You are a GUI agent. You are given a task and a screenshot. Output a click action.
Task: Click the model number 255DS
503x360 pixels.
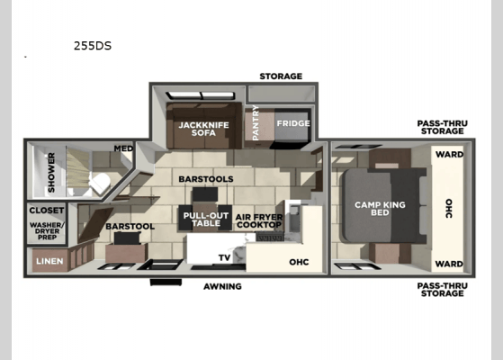tap(93, 45)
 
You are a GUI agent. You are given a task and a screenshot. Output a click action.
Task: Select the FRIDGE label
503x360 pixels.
tap(292, 123)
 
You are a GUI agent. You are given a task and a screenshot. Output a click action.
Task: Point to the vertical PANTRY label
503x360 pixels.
tap(256, 124)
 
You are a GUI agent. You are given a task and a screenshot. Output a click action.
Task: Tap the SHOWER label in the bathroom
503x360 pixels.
tap(50, 172)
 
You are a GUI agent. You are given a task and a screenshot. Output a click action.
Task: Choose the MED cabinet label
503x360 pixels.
tap(123, 148)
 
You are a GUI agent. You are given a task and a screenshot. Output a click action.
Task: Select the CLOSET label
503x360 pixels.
tap(45, 211)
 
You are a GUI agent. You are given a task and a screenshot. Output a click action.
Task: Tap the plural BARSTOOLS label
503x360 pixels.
tap(205, 179)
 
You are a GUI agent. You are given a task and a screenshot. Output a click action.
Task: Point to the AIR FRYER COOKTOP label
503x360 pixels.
tap(258, 220)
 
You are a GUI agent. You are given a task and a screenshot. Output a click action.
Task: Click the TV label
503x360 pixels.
tap(224, 257)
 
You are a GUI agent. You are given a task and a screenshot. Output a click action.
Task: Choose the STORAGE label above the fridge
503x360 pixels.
tap(280, 76)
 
